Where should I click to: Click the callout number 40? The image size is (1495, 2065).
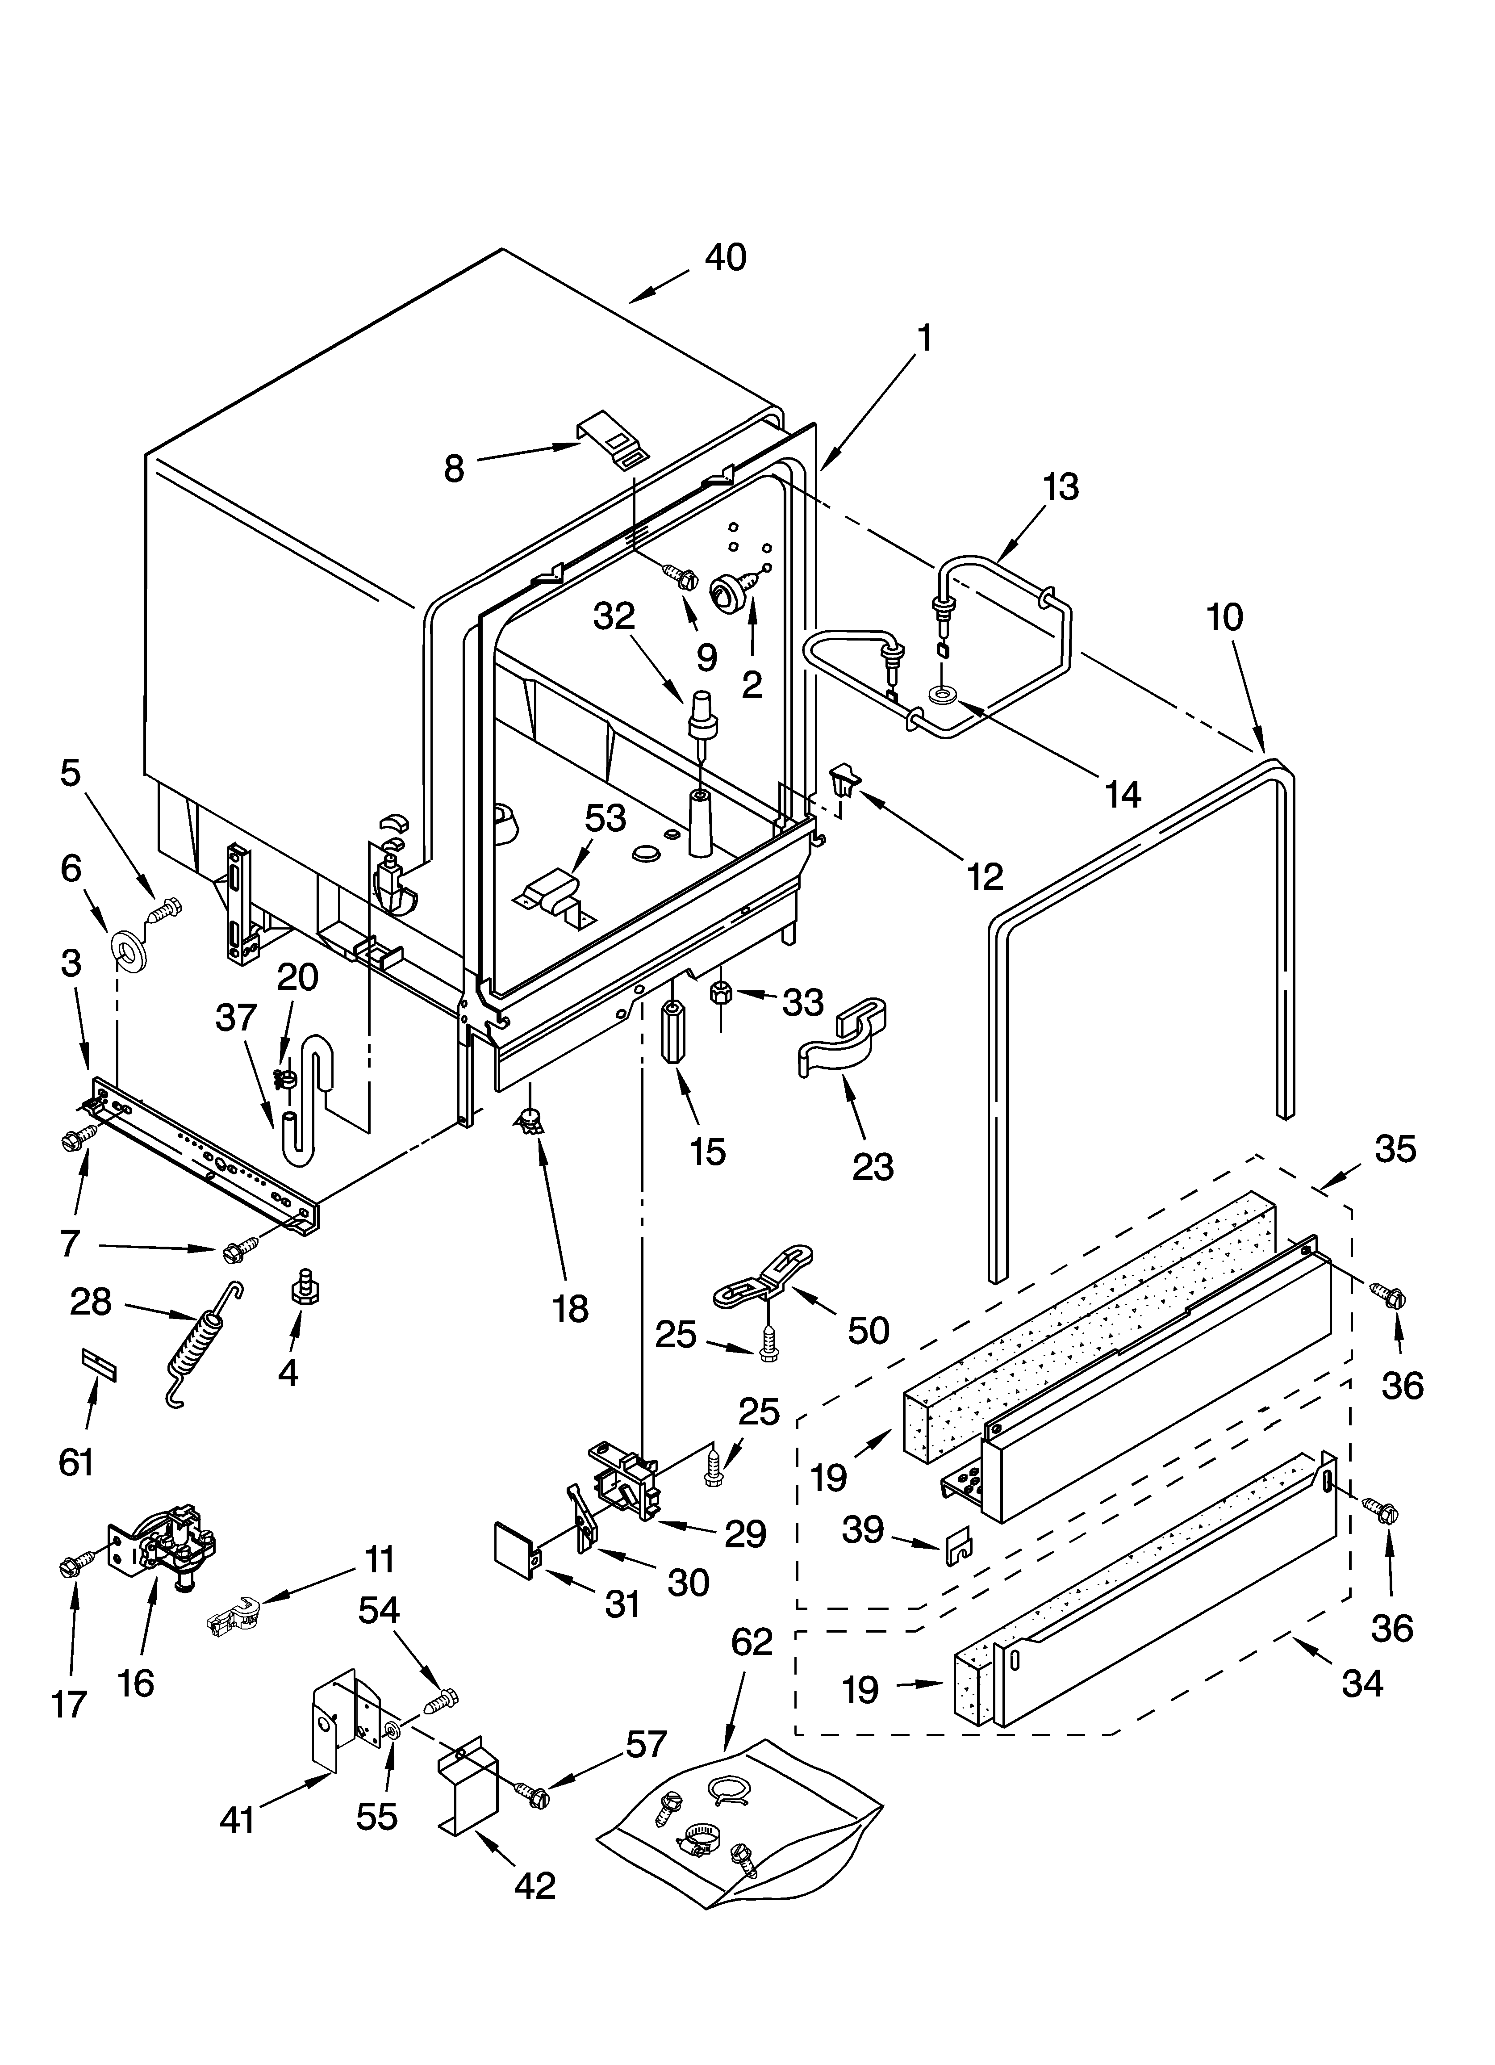pyautogui.click(x=726, y=258)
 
